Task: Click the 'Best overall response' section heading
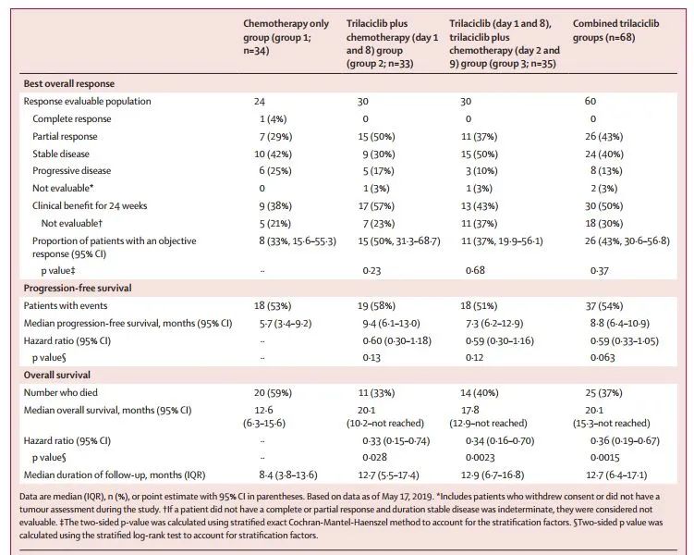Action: point(69,84)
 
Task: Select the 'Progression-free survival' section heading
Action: point(78,288)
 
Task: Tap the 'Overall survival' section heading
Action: point(57,375)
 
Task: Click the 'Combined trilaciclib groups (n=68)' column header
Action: point(615,31)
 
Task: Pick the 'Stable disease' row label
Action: point(61,154)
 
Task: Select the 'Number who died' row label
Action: point(61,392)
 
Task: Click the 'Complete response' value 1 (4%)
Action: point(274,118)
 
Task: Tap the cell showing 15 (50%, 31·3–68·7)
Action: point(399,240)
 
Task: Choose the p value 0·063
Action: point(603,357)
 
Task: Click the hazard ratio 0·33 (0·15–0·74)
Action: point(396,440)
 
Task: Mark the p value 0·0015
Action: point(604,457)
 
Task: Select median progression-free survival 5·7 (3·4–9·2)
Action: point(286,324)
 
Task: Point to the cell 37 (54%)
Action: point(603,305)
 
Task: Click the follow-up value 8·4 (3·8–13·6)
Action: point(288,475)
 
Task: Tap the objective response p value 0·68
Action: point(475,270)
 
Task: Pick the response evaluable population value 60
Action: point(591,101)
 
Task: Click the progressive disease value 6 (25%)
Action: point(275,171)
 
